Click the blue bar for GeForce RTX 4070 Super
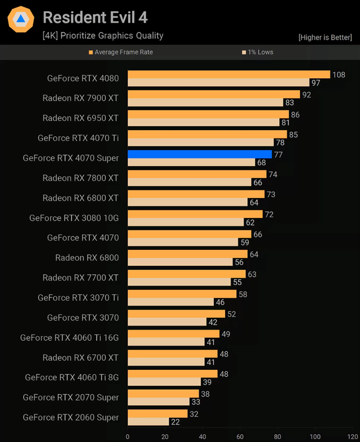pos(200,154)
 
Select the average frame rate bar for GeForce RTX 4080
pos(228,74)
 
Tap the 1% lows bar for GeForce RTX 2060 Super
pos(148,422)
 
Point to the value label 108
pos(339,74)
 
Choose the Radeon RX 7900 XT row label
pos(80,98)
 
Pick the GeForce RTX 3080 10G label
pos(74,217)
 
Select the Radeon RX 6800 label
pos(87,257)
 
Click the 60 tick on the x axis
pos(240,436)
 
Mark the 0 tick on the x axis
pos(128,436)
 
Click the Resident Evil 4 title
pos(95,17)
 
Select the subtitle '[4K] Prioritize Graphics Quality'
pos(103,35)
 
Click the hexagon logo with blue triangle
pos(21,20)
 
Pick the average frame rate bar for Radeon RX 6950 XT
pos(208,114)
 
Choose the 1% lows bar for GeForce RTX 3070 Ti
pos(170,302)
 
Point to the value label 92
pos(307,94)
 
